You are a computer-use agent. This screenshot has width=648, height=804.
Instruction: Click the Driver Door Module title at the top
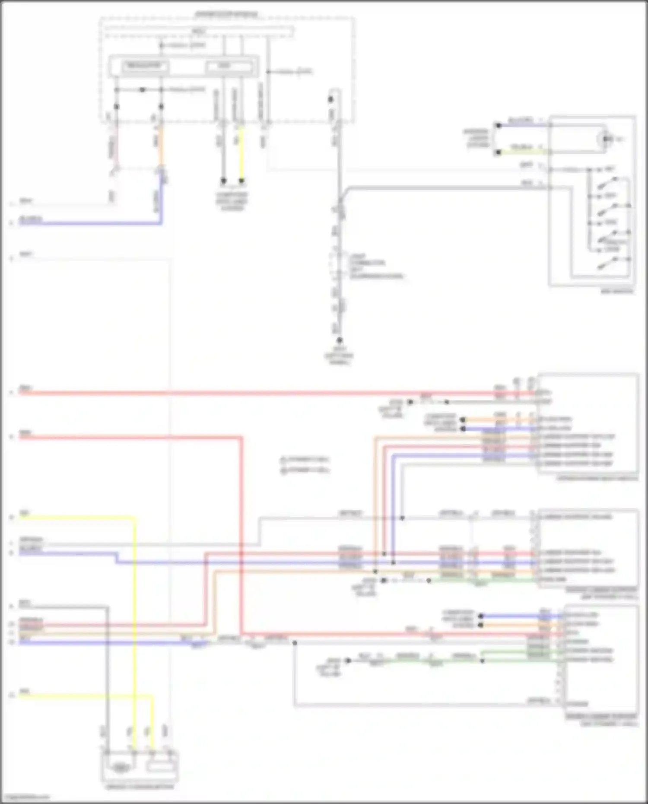pos(226,14)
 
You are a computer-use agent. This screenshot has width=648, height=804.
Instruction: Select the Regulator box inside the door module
pos(144,67)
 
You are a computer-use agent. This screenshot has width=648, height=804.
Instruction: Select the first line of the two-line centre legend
pos(305,459)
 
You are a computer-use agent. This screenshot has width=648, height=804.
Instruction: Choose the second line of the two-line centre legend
pos(305,470)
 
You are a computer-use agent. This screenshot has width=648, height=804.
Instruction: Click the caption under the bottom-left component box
pos(140,787)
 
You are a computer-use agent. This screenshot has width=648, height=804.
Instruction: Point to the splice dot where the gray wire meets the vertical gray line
pos(402,518)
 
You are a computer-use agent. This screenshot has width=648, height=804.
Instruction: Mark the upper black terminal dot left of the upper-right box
pos(498,125)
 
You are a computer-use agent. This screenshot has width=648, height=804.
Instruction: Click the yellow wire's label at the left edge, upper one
pos(25,513)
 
